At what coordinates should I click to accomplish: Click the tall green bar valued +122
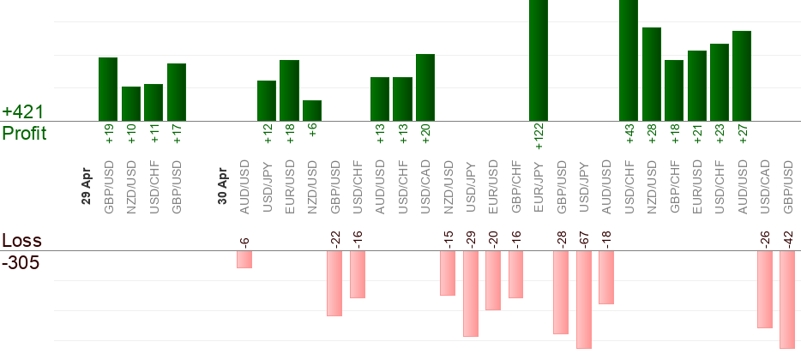pyautogui.click(x=538, y=60)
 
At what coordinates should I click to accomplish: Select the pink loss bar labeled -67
pyautogui.click(x=584, y=299)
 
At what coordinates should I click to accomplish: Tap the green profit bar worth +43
pyautogui.click(x=629, y=60)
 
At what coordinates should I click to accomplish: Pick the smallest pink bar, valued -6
pyautogui.click(x=244, y=259)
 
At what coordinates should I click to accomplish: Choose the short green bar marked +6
pyautogui.click(x=312, y=111)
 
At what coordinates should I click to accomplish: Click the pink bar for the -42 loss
pyautogui.click(x=787, y=299)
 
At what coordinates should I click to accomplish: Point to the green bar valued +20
pyautogui.click(x=425, y=87)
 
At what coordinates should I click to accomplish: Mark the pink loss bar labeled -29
pyautogui.click(x=470, y=293)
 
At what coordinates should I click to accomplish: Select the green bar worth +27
pyautogui.click(x=742, y=75)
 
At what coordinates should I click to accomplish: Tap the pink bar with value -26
pyautogui.click(x=765, y=289)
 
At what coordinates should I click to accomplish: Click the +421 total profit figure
pyautogui.click(x=22, y=112)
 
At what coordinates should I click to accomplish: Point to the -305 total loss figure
pyautogui.click(x=21, y=262)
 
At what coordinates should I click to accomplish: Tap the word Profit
pyautogui.click(x=24, y=134)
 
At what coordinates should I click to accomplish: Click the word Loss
pyautogui.click(x=21, y=241)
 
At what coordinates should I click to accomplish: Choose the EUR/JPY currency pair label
pyautogui.click(x=538, y=185)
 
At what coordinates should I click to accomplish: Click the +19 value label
pyautogui.click(x=109, y=135)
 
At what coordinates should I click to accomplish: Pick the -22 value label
pyautogui.click(x=335, y=240)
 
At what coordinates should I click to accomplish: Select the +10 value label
pyautogui.click(x=131, y=135)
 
